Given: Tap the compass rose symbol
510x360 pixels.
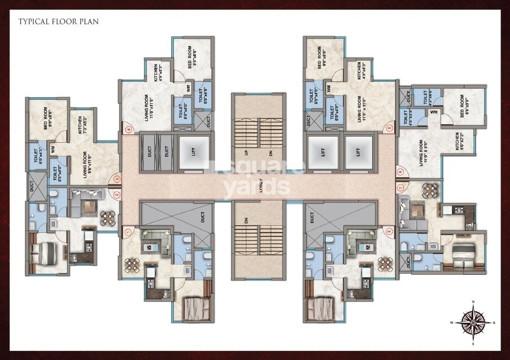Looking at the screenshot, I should [473, 322].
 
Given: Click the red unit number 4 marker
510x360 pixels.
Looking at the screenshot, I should [129, 130].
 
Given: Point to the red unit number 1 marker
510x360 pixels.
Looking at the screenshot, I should [128, 231].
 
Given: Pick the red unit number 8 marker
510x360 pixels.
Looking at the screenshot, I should [390, 230].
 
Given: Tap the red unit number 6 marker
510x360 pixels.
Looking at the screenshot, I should [400, 172].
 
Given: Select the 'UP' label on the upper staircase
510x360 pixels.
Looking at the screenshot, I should [246, 153].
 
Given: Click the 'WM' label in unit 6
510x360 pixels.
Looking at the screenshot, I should [434, 112].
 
